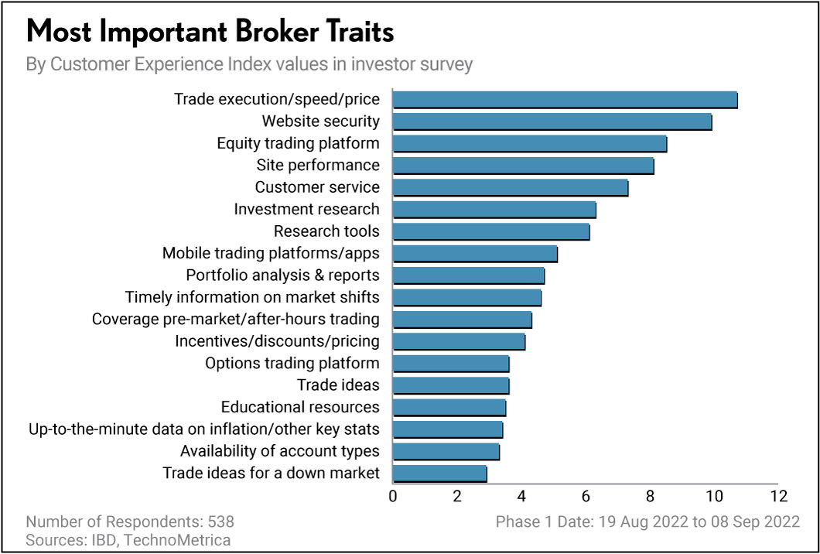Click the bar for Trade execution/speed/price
tap(565, 100)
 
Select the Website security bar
tap(552, 121)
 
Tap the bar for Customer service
tap(510, 187)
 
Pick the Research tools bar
tap(490, 231)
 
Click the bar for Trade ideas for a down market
tap(439, 473)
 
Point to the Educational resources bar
tap(449, 407)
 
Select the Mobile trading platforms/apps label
tap(271, 253)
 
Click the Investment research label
tap(306, 209)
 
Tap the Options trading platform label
tap(292, 363)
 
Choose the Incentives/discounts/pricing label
tap(277, 341)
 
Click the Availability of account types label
tap(279, 451)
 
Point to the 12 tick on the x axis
tap(778, 496)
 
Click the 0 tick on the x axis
tap(393, 496)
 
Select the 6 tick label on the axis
tap(586, 496)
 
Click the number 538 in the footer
tap(219, 522)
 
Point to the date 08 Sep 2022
tap(754, 522)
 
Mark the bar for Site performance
tap(523, 166)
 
